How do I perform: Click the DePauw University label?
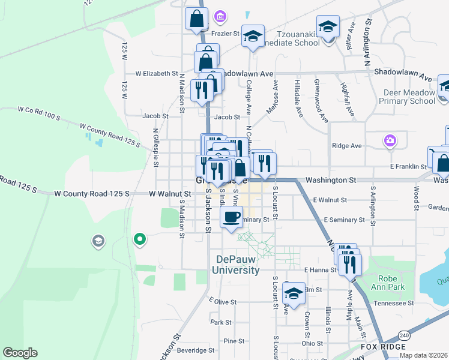(x=239, y=265)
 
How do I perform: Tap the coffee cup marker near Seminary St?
(x=231, y=217)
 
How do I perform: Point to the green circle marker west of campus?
(x=140, y=240)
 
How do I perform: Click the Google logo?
(x=20, y=353)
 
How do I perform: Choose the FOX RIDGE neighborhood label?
(x=383, y=347)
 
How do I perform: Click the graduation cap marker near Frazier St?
(x=253, y=37)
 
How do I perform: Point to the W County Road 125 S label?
(x=92, y=194)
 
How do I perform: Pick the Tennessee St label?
(x=394, y=304)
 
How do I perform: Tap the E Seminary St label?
(x=344, y=220)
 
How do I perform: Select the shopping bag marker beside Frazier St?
(x=196, y=19)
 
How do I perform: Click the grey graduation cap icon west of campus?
(x=97, y=241)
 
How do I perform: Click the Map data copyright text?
(x=423, y=355)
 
